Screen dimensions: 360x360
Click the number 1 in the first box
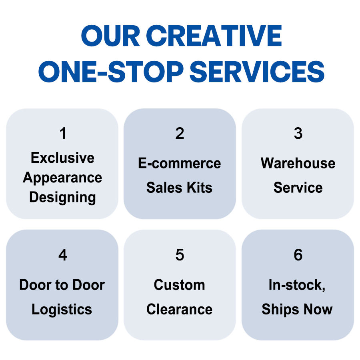(62, 134)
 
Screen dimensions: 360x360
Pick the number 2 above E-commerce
(180, 134)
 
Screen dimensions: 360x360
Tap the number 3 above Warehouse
(298, 134)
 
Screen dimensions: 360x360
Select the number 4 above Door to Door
(62, 255)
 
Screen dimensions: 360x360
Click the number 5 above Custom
(180, 255)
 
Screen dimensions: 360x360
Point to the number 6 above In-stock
(298, 255)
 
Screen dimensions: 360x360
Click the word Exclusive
(62, 158)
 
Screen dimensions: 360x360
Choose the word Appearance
(62, 178)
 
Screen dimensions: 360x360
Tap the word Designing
(62, 197)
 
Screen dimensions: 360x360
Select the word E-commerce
(180, 164)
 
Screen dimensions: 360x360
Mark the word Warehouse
(298, 164)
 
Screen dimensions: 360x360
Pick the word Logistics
(62, 310)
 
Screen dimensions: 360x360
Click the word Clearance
(180, 310)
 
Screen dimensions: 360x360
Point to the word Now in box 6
(317, 310)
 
